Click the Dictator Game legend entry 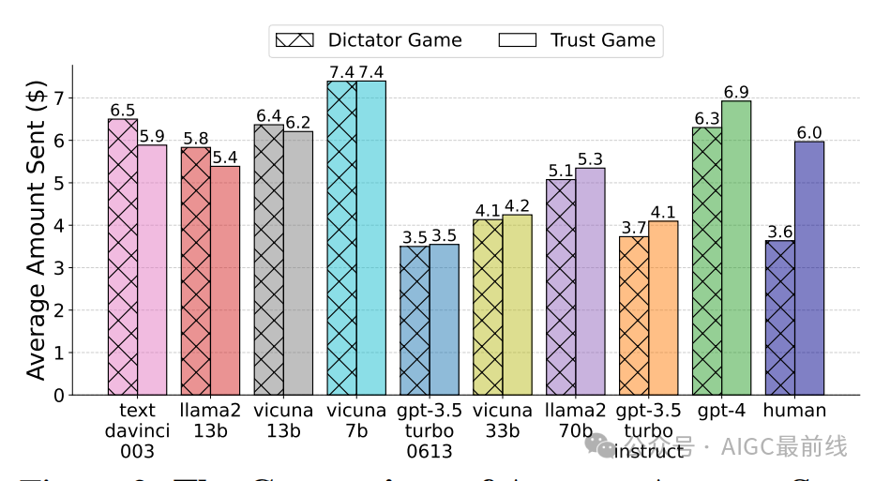(x=368, y=39)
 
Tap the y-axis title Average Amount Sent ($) (x=36, y=230)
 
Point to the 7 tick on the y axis (x=59, y=98)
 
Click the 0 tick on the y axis (x=59, y=396)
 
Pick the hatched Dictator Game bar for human (x=780, y=318)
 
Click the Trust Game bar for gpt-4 (x=736, y=248)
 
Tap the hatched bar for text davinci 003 (x=123, y=257)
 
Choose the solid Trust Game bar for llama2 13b (x=225, y=280)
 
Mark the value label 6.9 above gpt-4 (x=736, y=92)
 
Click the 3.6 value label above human (x=780, y=232)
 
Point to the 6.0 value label (x=809, y=132)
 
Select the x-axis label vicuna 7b (x=356, y=419)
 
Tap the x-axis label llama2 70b (x=576, y=419)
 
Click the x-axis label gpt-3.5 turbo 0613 (x=430, y=430)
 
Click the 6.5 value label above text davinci (x=123, y=110)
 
